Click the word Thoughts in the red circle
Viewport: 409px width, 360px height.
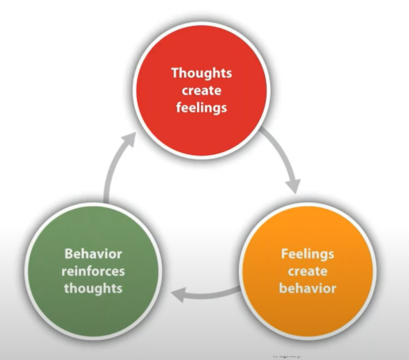click(201, 73)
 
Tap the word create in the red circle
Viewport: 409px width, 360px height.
click(201, 91)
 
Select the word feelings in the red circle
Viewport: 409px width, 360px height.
click(201, 108)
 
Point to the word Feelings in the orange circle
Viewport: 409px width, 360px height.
click(307, 254)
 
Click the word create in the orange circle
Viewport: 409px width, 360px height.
click(307, 271)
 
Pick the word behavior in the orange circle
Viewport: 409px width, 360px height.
click(307, 288)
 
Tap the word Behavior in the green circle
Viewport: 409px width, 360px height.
click(93, 254)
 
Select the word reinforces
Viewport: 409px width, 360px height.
click(93, 271)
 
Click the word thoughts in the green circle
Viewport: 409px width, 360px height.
click(93, 288)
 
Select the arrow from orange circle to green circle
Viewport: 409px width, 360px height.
click(211, 295)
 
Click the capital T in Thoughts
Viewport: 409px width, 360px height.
click(175, 73)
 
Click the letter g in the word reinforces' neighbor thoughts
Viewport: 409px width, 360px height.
click(96, 290)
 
